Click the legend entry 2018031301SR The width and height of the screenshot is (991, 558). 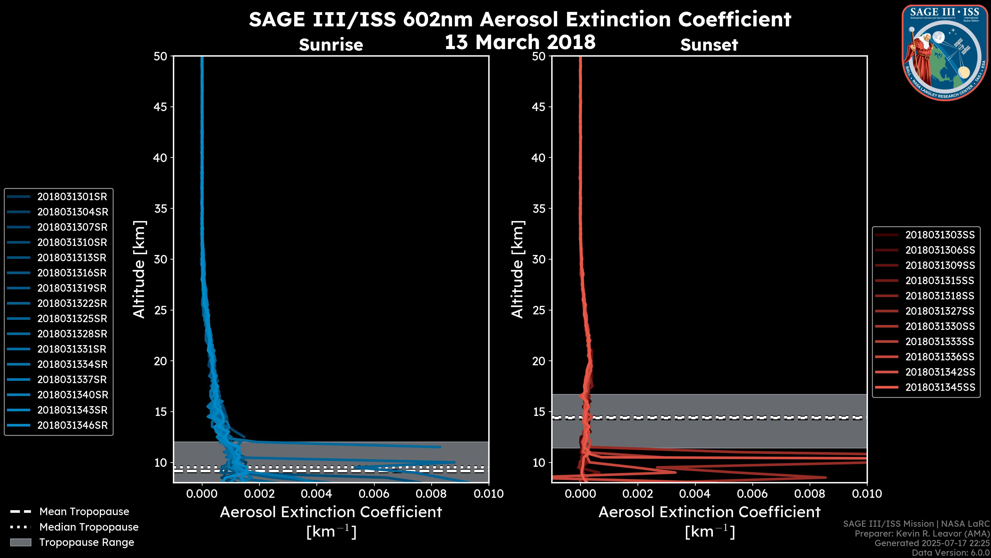(x=72, y=197)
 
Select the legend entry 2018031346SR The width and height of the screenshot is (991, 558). (x=72, y=425)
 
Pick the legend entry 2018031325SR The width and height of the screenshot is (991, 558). (x=72, y=319)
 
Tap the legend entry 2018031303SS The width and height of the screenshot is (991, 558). (x=940, y=235)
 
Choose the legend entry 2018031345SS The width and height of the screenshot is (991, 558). (x=940, y=388)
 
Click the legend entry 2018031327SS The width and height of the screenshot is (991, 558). (x=940, y=311)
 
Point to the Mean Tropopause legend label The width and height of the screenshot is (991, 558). (x=84, y=512)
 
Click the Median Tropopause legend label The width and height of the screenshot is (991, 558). (x=89, y=527)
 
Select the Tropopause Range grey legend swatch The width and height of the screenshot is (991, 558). (x=20, y=542)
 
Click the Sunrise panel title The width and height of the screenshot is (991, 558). (x=331, y=45)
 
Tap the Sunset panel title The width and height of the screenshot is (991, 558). (x=709, y=45)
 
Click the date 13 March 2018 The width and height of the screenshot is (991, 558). (x=520, y=42)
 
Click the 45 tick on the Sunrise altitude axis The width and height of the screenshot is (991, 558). (x=161, y=107)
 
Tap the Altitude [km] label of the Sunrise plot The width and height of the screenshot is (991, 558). (x=139, y=269)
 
